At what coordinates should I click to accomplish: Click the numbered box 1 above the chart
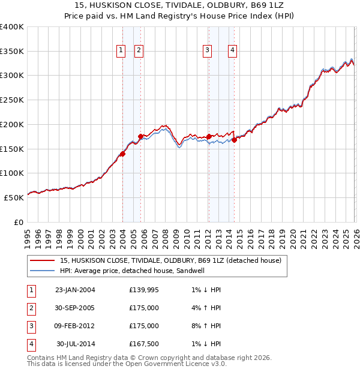121,51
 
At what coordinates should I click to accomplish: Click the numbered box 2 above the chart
139,51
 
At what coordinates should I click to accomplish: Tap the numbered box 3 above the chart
207,51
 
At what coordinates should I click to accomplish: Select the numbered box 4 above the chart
232,51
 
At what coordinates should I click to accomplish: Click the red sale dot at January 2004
122,154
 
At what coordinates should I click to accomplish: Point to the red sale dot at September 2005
140,136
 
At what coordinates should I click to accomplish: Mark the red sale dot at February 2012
208,137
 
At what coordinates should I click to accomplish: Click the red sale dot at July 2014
234,140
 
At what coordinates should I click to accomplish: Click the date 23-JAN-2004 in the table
75,290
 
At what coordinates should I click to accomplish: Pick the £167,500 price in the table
144,344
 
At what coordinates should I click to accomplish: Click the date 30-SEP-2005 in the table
75,308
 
